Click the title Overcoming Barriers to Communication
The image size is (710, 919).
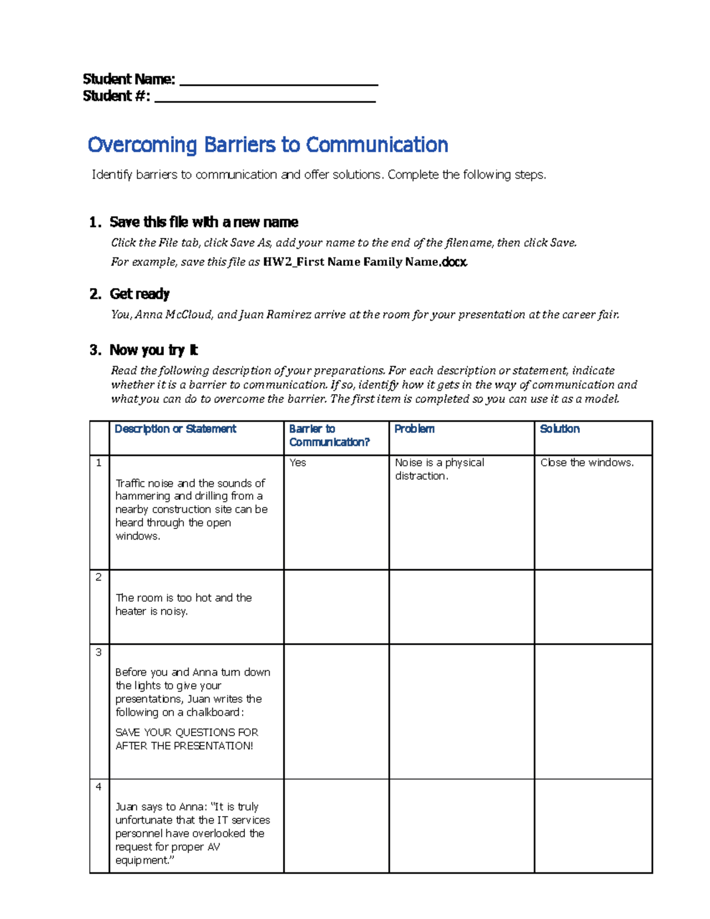pos(268,145)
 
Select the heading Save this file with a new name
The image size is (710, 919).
pos(204,223)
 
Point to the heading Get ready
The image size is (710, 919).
pos(140,294)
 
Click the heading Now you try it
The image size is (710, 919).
pos(154,350)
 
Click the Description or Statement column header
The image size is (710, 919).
pos(175,429)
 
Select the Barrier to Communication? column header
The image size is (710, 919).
pos(329,436)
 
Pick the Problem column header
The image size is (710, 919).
pos(414,429)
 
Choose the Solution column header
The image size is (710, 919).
pos(560,429)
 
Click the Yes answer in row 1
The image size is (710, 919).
pos(298,463)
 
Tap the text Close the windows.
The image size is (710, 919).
pos(586,463)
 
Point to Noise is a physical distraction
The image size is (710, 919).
pos(439,469)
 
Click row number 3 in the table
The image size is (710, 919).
pos(99,652)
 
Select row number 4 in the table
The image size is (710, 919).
pos(99,786)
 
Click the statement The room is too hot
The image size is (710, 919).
pos(183,604)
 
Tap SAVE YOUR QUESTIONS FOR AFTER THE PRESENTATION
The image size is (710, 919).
pos(186,739)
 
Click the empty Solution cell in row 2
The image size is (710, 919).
pos(593,607)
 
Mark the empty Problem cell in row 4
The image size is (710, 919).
pos(461,826)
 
